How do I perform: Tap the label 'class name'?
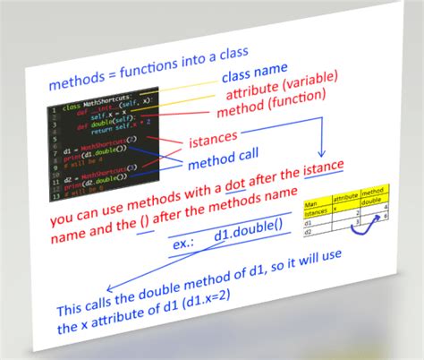tap(255, 68)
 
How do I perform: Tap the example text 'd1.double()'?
tap(244, 235)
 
